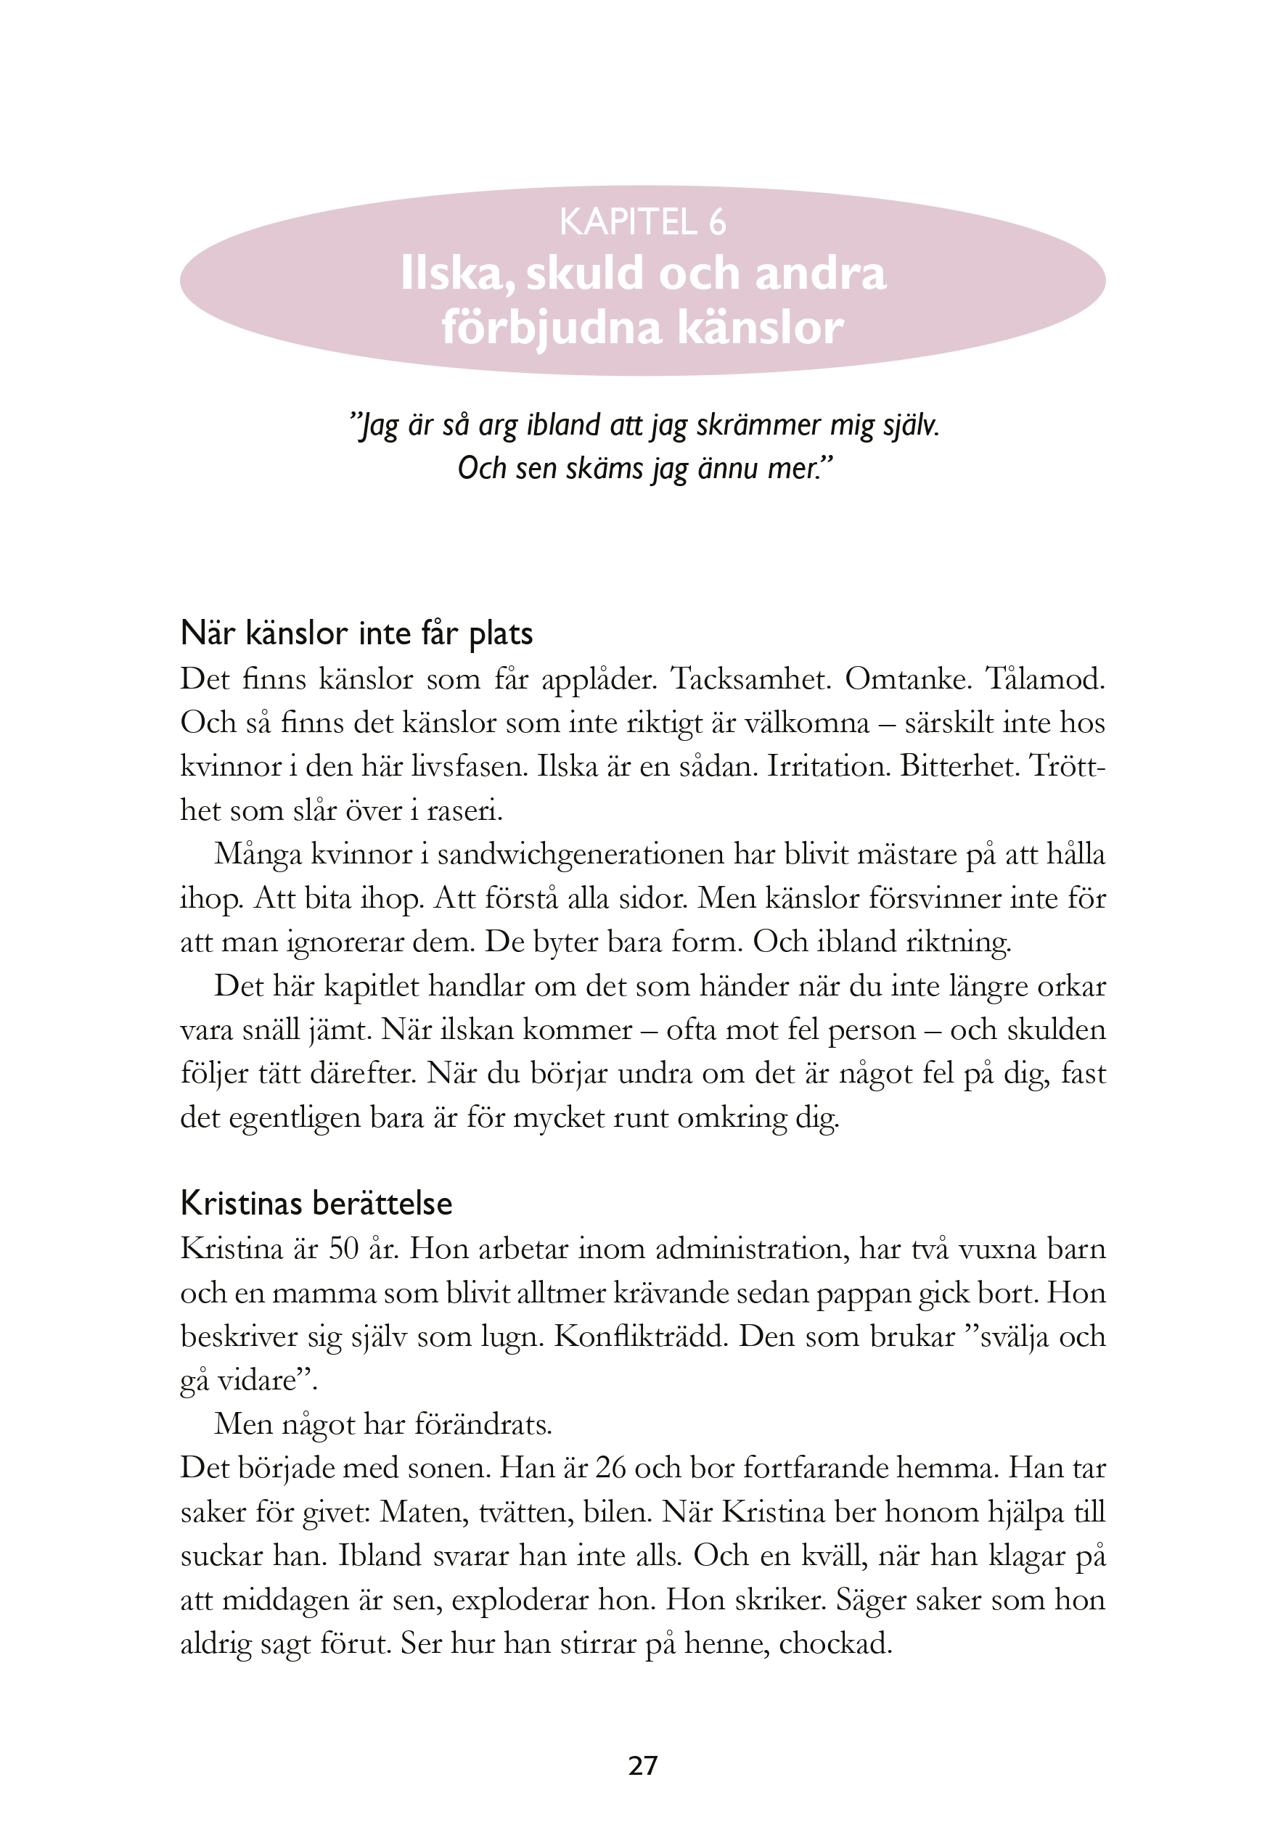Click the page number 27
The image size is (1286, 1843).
coord(642,1765)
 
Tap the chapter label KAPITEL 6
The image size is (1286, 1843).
coord(642,222)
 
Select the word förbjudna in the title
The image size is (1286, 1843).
coord(551,327)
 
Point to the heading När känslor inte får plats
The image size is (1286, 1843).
coord(356,633)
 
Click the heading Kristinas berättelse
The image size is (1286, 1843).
coord(316,1203)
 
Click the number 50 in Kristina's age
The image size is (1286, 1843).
coord(343,1249)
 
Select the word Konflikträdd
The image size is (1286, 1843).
coord(638,1337)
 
